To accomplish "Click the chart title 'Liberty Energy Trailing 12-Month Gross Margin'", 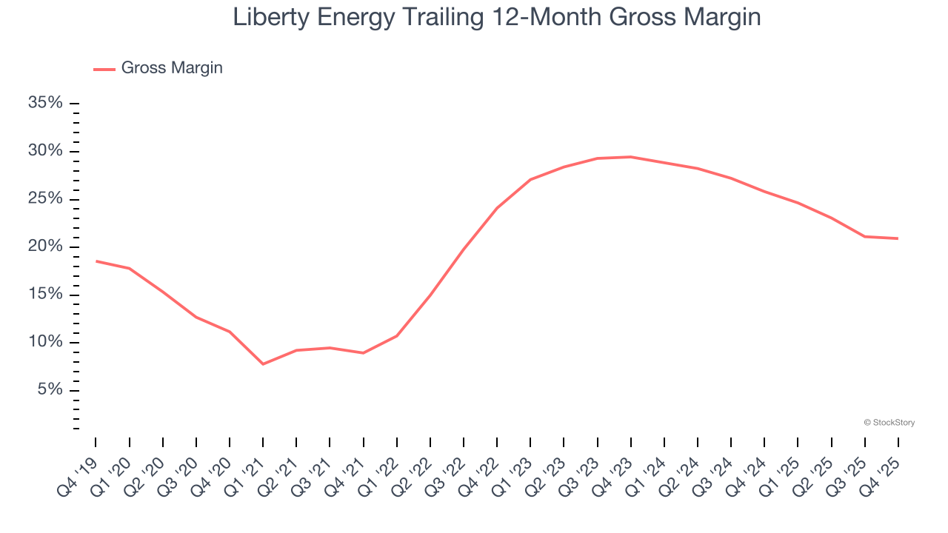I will click(496, 17).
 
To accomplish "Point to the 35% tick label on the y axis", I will click(45, 103).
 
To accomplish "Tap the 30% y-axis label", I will click(45, 151).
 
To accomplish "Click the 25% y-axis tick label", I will click(45, 199).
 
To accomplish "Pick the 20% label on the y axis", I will click(45, 247).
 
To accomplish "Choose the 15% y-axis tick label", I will click(45, 295).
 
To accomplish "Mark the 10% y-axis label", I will click(45, 342).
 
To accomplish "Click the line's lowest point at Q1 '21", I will click(263, 363).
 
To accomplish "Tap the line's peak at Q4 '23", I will click(630, 157).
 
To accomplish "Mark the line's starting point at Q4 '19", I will click(96, 261).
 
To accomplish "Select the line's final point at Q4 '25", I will click(898, 238).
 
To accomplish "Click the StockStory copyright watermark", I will click(889, 423).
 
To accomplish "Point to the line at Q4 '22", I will click(497, 208).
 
